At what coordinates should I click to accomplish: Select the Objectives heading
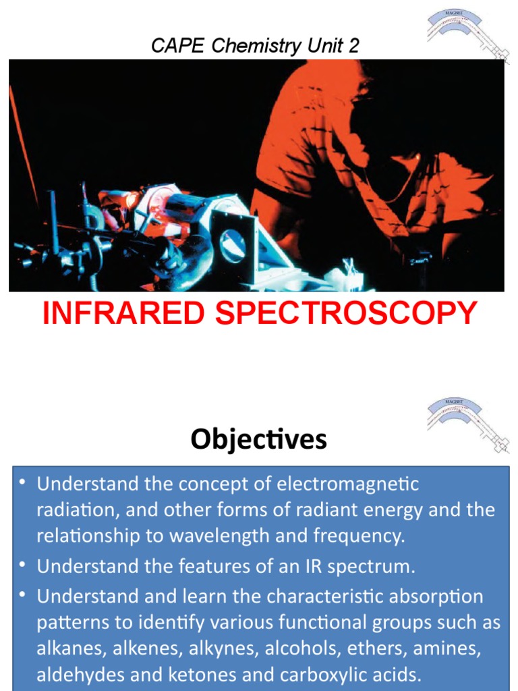[258, 440]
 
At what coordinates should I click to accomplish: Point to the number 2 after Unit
[353, 46]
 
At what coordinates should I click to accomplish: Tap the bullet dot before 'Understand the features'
[24, 565]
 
